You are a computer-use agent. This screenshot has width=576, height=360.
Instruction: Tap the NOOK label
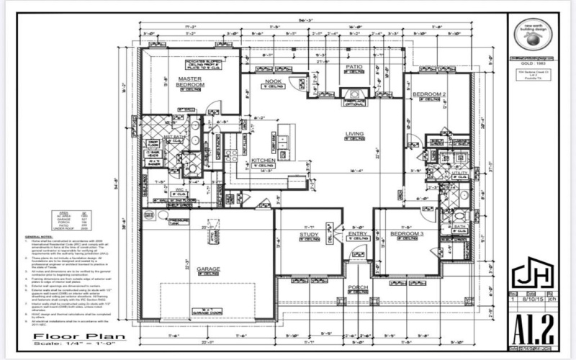pos(273,81)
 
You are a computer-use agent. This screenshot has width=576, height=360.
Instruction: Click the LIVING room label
pos(354,134)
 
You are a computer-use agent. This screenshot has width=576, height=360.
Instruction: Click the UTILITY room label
pos(459,173)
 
